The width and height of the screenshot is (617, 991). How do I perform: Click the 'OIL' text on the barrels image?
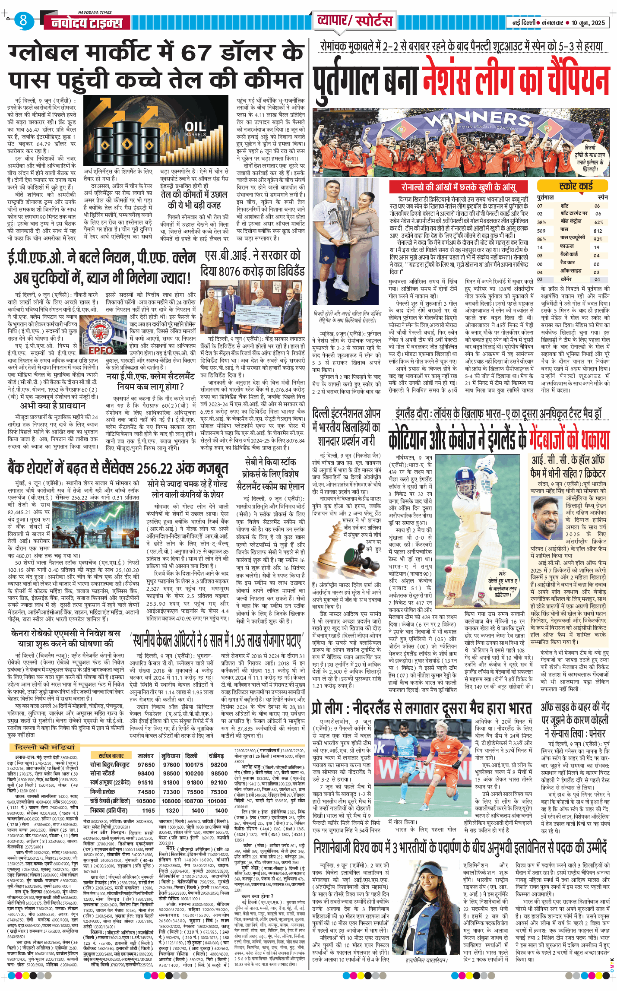(x=195, y=127)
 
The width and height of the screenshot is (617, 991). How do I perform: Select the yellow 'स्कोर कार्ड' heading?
(x=576, y=186)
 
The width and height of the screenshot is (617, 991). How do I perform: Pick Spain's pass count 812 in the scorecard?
(x=598, y=231)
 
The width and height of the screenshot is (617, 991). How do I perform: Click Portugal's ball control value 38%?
(x=541, y=222)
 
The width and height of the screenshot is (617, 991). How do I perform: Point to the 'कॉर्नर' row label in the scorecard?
(x=566, y=279)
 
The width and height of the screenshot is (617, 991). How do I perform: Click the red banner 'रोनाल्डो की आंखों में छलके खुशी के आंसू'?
(x=459, y=187)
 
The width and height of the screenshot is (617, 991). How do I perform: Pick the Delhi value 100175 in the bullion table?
(x=194, y=764)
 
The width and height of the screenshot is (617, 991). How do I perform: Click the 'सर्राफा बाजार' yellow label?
(x=111, y=756)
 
